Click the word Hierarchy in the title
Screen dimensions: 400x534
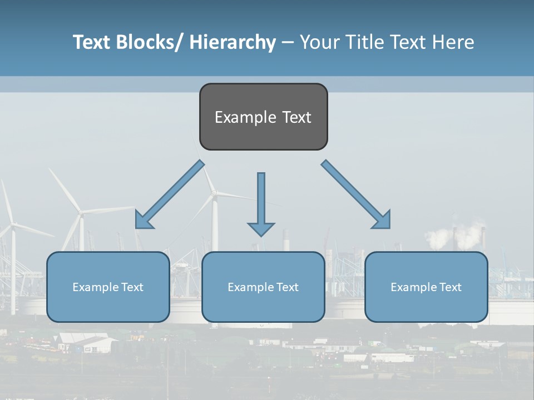click(233, 42)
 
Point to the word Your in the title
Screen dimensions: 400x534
click(318, 42)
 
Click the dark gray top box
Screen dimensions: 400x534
click(263, 117)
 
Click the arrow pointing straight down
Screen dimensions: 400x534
click(261, 200)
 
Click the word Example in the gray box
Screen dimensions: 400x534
click(238, 117)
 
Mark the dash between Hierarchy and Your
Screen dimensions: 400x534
click(288, 43)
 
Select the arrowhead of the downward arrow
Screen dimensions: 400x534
click(261, 228)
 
